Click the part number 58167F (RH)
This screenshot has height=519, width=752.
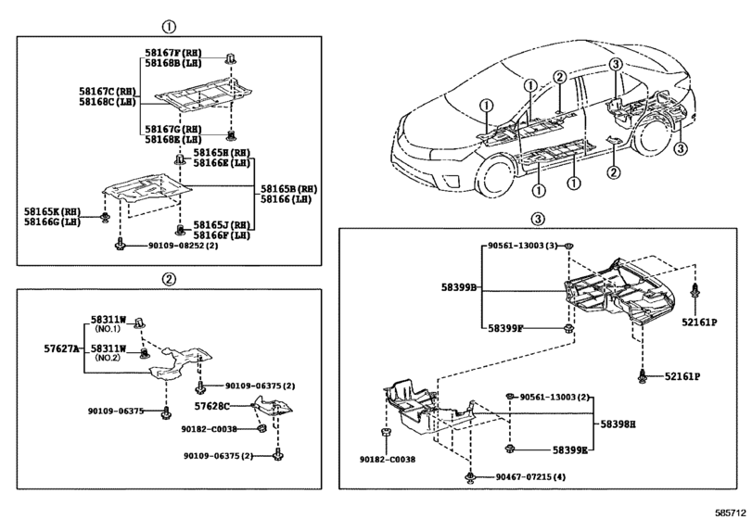click(173, 53)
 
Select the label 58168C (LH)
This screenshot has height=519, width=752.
click(108, 102)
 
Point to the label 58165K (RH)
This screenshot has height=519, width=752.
click(53, 211)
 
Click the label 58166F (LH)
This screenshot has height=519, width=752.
click(222, 235)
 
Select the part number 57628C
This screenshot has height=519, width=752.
click(211, 406)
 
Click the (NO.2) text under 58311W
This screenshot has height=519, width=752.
click(108, 358)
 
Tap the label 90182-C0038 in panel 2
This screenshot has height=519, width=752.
click(210, 429)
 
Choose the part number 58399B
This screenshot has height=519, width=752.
click(459, 287)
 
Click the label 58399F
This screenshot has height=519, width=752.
click(505, 328)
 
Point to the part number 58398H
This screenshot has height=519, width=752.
click(618, 424)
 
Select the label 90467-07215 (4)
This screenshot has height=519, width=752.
click(531, 477)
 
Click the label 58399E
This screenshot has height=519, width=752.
click(570, 449)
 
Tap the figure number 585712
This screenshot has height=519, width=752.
click(731, 512)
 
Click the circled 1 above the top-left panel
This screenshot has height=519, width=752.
click(169, 27)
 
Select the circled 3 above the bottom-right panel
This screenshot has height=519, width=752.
click(538, 219)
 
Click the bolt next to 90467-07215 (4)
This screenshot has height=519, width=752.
click(470, 476)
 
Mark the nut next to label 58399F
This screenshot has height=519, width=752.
click(568, 329)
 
